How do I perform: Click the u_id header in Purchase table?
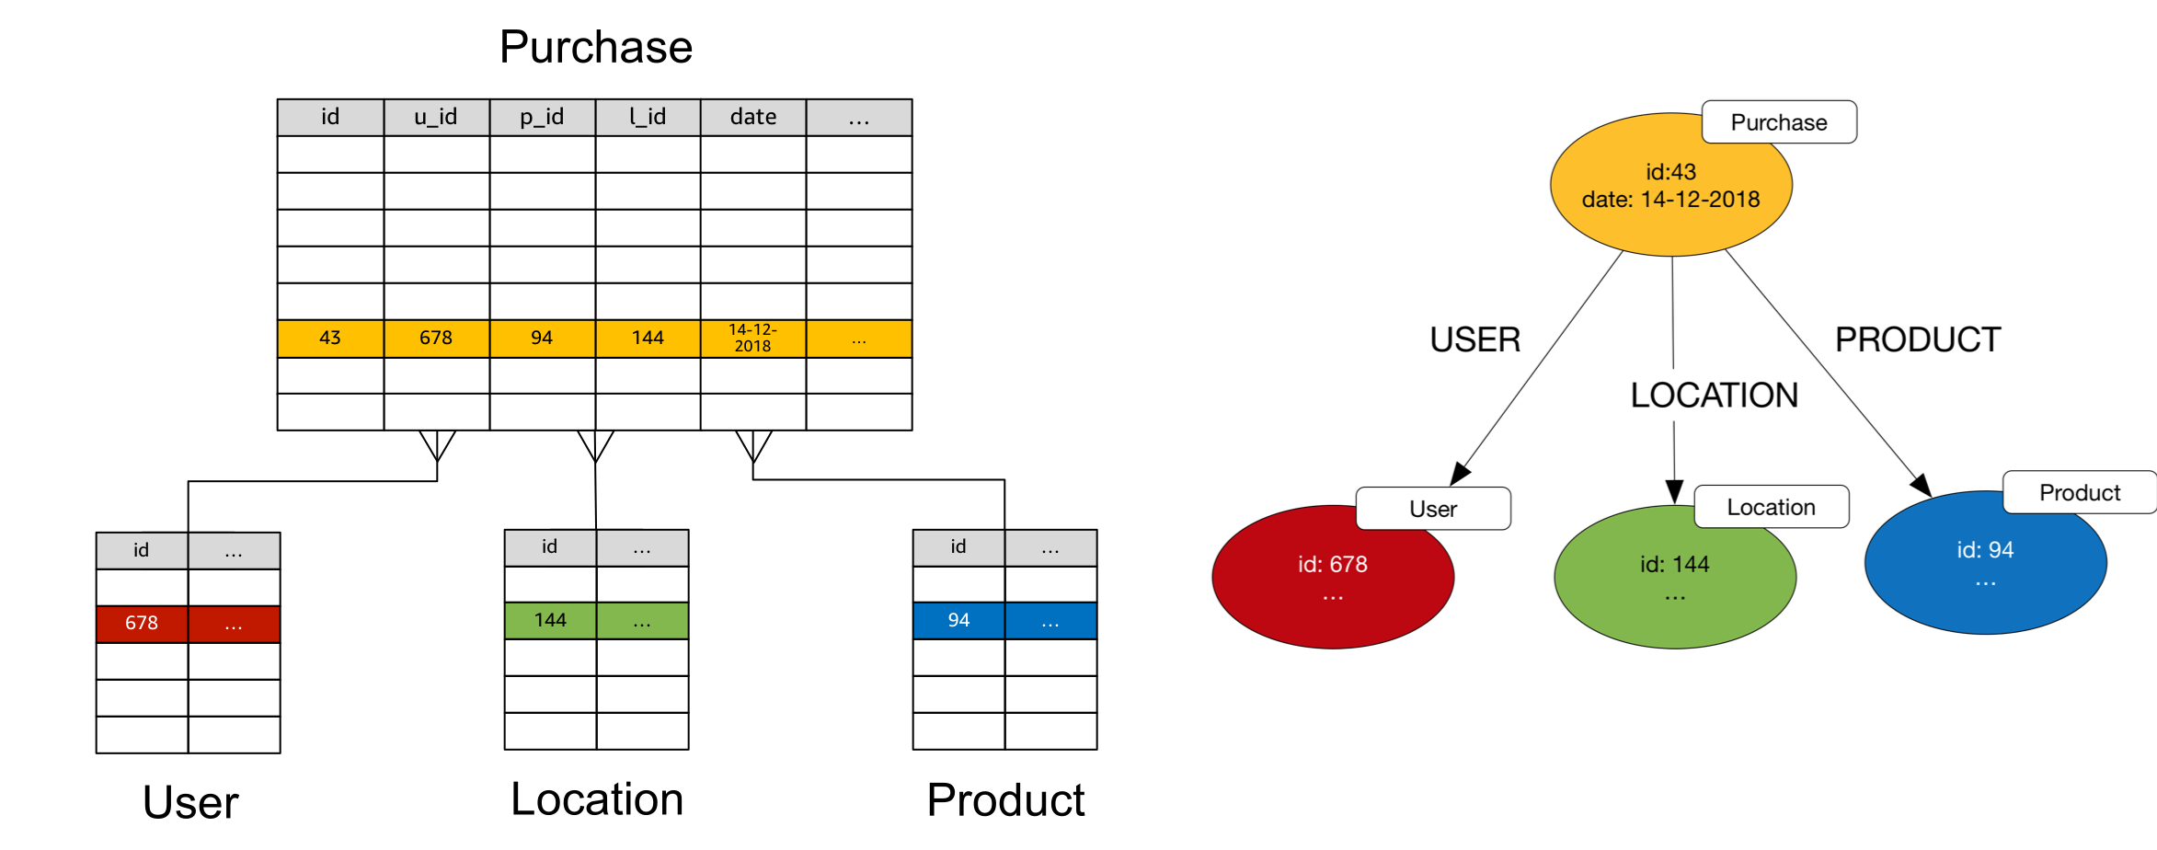click(x=436, y=118)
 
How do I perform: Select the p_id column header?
click(x=542, y=118)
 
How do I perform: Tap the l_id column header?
click(x=648, y=118)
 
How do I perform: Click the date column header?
click(x=753, y=118)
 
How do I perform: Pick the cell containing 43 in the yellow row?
click(x=330, y=339)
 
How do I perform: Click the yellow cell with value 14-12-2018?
click(x=753, y=339)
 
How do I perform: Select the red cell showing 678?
click(x=142, y=624)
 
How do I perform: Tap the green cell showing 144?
click(x=550, y=621)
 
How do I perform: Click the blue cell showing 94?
click(x=958, y=621)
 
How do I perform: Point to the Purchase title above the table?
click(x=596, y=47)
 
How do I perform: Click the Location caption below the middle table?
click(x=597, y=798)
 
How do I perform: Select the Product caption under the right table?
click(x=1005, y=799)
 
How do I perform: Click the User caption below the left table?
click(x=190, y=802)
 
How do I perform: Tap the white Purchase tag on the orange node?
click(x=1779, y=122)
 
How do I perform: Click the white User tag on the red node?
click(x=1433, y=509)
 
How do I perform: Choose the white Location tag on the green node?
click(x=1772, y=507)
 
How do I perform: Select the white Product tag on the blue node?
click(x=2080, y=492)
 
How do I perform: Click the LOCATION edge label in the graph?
click(x=1715, y=396)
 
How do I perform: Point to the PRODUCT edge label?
click(x=1918, y=339)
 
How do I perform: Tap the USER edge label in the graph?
click(x=1475, y=339)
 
